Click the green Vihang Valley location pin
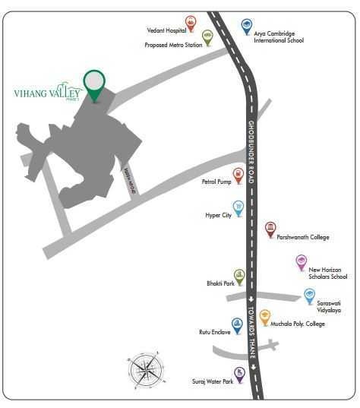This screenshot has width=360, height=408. (94, 84)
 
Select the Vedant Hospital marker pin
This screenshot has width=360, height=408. (190, 24)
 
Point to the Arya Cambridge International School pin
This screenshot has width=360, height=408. (246, 27)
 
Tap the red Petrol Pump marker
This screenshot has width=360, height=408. (238, 176)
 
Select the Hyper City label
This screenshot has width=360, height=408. (218, 215)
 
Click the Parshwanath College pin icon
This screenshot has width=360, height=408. (270, 229)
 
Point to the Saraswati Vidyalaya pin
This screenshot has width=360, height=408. (309, 296)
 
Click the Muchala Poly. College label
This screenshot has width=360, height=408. (298, 324)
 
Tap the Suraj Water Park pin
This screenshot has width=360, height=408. (239, 374)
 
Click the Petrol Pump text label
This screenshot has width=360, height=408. (217, 182)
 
